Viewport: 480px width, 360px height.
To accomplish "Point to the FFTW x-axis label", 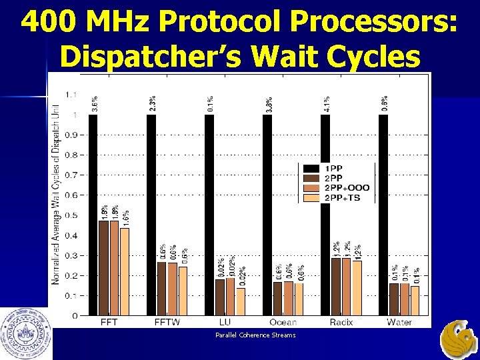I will pos(167,322).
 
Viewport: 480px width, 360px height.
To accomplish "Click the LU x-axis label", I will pos(225,322).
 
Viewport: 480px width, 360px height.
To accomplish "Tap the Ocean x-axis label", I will pos(283,322).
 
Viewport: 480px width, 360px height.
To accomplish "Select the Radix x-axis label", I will pos(341,322).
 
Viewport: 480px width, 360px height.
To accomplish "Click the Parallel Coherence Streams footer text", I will pos(255,335).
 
